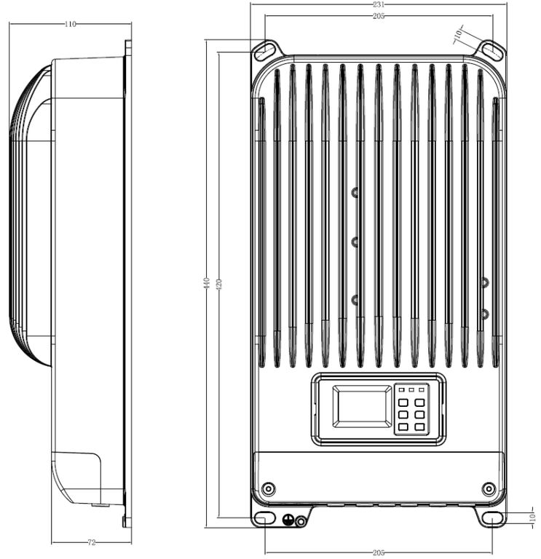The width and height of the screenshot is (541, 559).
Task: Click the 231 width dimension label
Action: click(379, 4)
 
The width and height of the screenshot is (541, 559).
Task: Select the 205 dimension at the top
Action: click(379, 16)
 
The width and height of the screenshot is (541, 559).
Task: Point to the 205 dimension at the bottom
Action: click(379, 553)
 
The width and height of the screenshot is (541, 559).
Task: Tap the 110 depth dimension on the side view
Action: click(70, 24)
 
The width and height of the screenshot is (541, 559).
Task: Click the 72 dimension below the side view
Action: click(91, 542)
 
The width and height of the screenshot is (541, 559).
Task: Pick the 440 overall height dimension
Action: click(208, 283)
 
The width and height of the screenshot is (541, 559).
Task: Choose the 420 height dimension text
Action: click(219, 284)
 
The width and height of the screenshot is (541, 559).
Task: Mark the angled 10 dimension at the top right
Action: click(459, 34)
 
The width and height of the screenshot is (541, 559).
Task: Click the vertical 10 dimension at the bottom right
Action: click(533, 518)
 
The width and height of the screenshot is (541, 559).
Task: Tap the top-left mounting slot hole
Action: click(265, 51)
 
